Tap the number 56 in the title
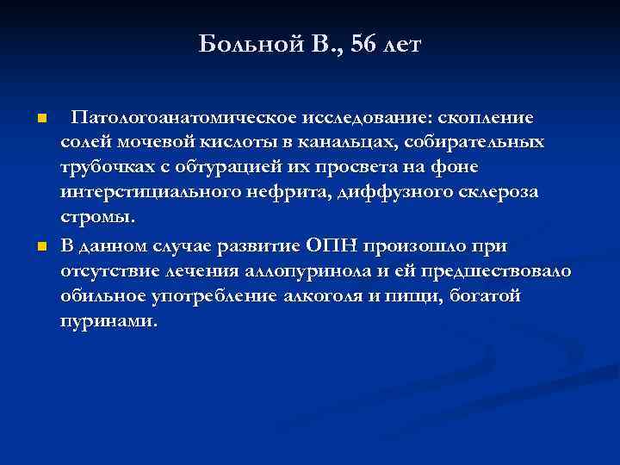(368, 44)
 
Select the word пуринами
(108, 321)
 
